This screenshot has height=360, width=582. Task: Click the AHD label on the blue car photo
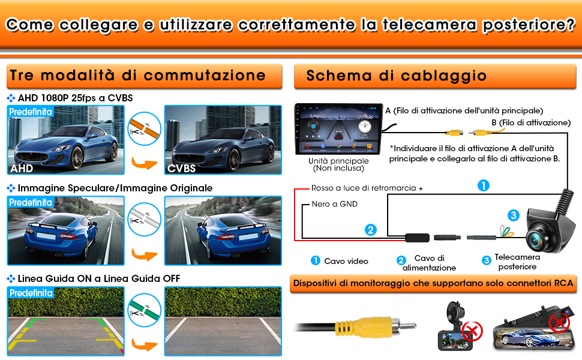coord(21,169)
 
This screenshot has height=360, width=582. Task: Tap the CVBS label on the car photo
coord(182,169)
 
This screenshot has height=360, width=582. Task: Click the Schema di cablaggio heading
coord(396,76)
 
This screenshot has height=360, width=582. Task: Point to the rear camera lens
coord(535,238)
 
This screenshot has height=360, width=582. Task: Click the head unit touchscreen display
coord(338,128)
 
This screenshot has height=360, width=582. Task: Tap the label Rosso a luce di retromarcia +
coord(367,188)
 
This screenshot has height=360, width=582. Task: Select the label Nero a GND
coord(334,204)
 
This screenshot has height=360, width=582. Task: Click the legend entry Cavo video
coord(346,261)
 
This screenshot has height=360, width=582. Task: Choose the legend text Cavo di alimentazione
coord(429,263)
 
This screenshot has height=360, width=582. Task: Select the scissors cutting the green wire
coord(144,308)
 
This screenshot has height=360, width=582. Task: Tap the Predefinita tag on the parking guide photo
coord(31,293)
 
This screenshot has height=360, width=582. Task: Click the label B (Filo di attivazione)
coord(530,122)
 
